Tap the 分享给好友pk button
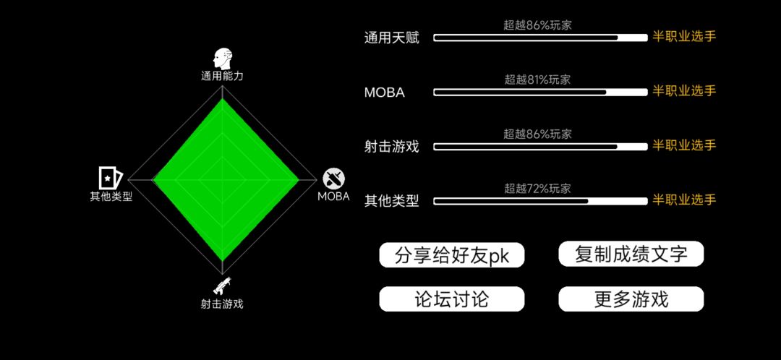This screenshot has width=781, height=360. (x=452, y=255)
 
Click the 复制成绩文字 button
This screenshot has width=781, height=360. (x=631, y=254)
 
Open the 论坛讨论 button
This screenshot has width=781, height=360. (x=452, y=299)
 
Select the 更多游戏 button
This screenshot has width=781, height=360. (x=631, y=299)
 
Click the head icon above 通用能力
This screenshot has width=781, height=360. (x=223, y=59)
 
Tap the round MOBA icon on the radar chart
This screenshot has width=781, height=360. (x=333, y=179)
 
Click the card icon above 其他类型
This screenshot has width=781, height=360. (x=111, y=178)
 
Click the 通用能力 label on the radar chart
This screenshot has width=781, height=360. (x=222, y=76)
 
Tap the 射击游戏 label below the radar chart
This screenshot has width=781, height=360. (x=222, y=304)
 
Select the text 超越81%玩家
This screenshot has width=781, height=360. (x=537, y=80)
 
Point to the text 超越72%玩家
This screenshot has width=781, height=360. (x=537, y=189)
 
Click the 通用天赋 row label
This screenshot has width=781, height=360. (x=391, y=38)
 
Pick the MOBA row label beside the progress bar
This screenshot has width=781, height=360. (x=385, y=93)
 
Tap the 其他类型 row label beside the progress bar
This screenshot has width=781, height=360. (x=391, y=201)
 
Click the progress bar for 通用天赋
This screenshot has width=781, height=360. (x=540, y=38)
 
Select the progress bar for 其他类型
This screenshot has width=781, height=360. (x=540, y=201)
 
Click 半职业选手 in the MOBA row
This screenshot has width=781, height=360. (x=684, y=91)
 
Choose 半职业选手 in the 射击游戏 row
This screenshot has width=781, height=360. (x=684, y=145)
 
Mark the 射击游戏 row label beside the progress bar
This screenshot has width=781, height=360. (x=391, y=147)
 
